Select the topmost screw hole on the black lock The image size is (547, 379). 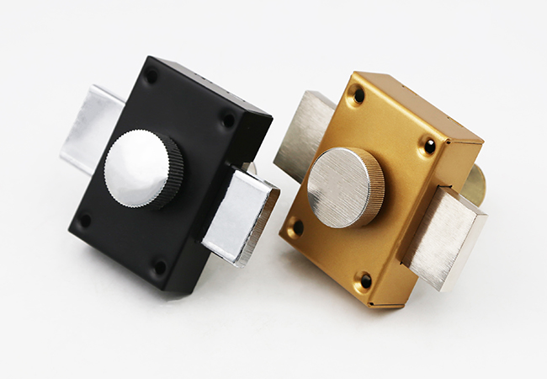[151, 76]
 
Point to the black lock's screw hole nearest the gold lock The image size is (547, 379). [227, 120]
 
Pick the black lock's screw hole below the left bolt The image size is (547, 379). [84, 221]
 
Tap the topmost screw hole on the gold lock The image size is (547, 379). [358, 95]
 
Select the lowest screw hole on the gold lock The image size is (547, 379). [365, 280]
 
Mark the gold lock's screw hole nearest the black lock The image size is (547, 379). [296, 227]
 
